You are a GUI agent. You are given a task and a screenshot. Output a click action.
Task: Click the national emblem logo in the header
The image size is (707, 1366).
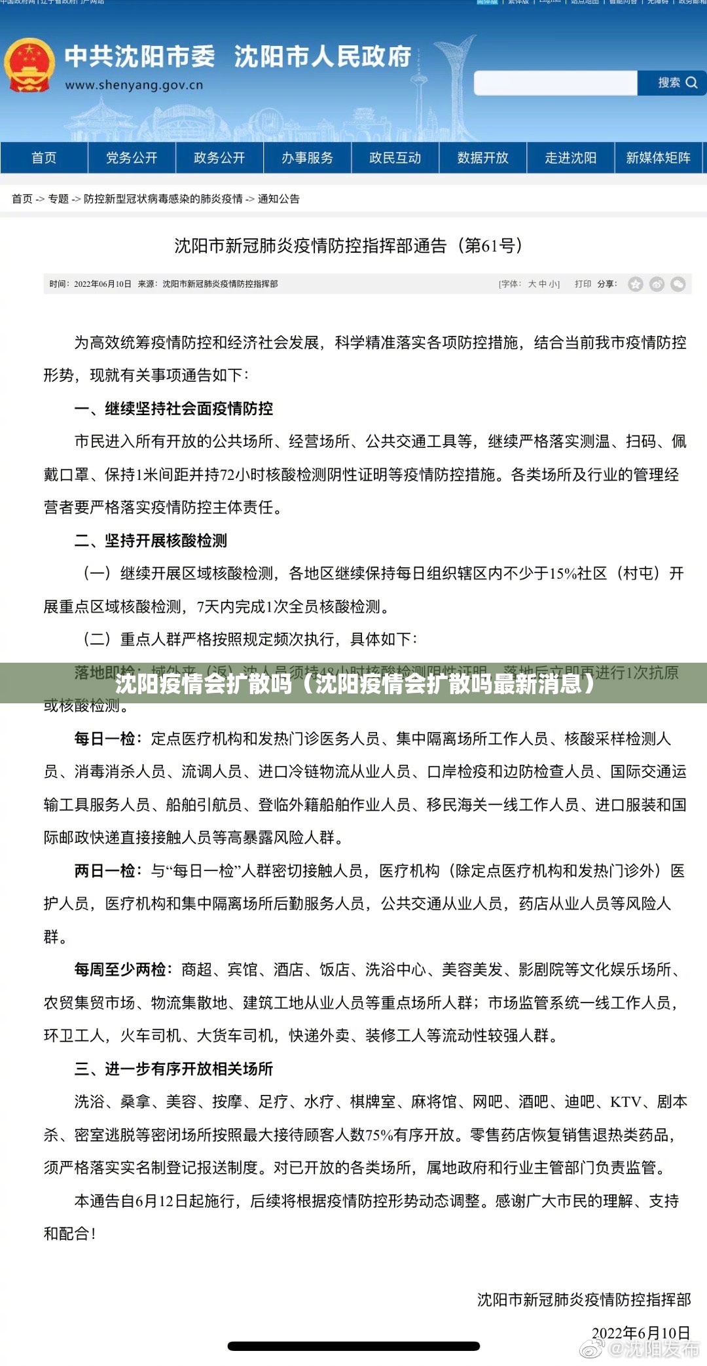28,65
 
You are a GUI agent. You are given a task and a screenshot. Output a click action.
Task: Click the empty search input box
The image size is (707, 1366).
555,83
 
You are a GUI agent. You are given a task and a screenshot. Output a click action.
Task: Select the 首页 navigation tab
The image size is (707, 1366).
44,158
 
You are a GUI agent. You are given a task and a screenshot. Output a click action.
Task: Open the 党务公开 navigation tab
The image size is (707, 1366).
132,158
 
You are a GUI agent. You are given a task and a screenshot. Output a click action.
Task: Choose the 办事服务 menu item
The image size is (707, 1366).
307,158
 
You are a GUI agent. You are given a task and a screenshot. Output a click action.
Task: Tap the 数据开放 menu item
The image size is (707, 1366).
482,158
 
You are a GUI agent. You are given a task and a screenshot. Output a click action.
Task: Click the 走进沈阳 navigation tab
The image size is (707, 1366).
570,158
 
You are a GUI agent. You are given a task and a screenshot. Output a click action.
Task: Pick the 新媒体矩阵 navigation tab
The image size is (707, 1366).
658,158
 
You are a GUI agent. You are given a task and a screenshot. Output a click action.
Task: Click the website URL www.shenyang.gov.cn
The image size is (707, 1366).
134,85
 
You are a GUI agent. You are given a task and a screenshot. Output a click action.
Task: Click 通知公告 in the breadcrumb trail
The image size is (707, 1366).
279,199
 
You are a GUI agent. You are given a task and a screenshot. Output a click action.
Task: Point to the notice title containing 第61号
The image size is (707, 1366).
348,246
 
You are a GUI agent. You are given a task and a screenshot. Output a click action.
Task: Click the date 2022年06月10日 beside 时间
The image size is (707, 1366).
103,284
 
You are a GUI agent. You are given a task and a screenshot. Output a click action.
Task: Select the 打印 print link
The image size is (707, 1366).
583,284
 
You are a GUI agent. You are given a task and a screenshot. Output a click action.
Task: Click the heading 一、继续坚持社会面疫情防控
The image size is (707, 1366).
173,409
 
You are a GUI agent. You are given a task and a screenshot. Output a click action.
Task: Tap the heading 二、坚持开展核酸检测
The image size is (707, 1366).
151,541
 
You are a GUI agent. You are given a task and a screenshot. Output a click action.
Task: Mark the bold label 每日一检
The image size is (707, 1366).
104,739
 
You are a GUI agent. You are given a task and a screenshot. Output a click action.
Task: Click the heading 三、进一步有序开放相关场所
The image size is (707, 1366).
173,1069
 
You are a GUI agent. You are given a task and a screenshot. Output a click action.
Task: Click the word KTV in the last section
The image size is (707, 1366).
626,1102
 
